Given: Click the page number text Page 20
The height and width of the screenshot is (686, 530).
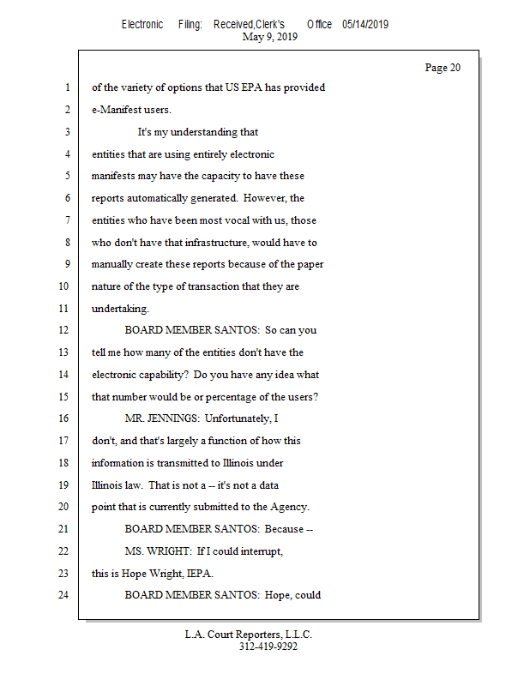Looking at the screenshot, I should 443,68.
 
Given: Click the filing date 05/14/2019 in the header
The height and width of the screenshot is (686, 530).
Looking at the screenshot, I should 364,25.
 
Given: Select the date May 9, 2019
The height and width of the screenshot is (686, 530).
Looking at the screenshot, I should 270,37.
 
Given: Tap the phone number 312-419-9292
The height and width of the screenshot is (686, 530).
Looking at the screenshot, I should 268,647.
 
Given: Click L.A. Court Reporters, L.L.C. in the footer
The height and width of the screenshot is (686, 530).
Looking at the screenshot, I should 249,635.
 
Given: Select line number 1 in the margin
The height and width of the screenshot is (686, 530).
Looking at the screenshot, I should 66,87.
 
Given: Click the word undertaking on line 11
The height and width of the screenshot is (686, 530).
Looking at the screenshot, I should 119,309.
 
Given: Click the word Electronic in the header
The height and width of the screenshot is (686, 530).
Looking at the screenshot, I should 142,25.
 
